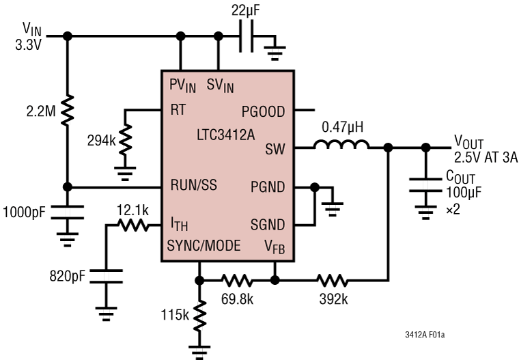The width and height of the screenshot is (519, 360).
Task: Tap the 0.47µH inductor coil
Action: pos(341,144)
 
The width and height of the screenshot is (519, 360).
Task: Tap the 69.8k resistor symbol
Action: pos(238,279)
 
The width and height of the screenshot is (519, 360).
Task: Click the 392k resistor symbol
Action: pos(332,279)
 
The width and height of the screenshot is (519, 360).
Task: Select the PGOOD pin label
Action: pos(263,111)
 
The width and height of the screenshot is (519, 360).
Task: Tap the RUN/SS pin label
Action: pos(195,186)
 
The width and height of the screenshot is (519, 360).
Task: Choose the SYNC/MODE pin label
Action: pos(204,245)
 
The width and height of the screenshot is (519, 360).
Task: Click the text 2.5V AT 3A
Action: pos(486,158)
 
